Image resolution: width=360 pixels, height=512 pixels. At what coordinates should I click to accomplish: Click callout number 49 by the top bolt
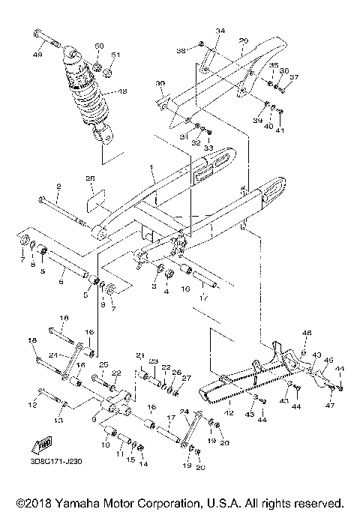point(37,54)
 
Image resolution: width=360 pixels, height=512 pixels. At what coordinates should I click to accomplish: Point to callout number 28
point(90,179)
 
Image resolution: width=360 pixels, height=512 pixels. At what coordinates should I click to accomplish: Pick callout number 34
point(220,31)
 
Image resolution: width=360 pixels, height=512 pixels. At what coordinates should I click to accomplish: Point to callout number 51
point(115,55)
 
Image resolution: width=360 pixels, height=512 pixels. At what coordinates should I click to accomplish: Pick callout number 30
point(159,83)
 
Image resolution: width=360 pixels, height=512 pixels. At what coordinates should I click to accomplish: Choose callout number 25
point(103,364)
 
